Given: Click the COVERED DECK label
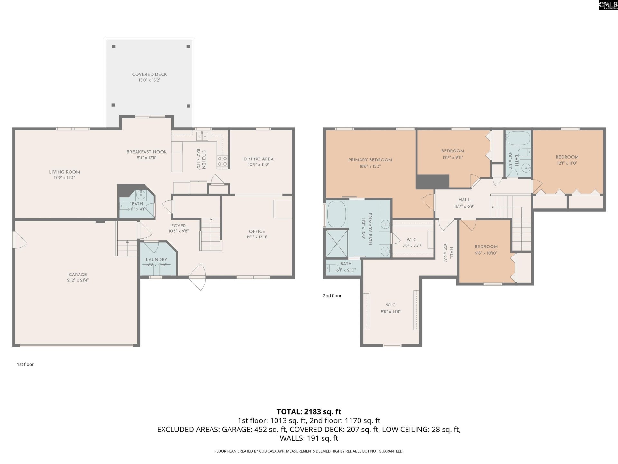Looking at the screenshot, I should coord(149,74).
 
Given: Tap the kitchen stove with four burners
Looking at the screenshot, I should coord(222,161).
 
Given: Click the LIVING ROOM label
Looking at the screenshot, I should coord(64,172).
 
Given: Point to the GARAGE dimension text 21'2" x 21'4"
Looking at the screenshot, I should coord(78,280).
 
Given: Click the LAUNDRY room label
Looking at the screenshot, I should coord(156,260).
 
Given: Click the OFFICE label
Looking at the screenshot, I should coord(257,231).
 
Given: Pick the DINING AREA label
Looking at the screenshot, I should coord(258,159).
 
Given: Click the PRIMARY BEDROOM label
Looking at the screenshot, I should coord(370,160).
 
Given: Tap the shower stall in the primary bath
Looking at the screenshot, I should coord(337,244).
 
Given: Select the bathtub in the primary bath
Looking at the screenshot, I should coord(336,214).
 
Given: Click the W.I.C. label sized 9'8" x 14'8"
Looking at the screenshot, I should coord(391,305).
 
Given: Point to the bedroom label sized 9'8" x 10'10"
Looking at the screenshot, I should coord(486,247).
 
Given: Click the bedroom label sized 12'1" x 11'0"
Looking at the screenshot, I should coord(567,157).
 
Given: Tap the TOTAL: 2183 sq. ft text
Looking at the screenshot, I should coord(309,412).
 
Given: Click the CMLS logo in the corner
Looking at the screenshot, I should coord(608,5).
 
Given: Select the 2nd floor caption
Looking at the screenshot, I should coord(332,296).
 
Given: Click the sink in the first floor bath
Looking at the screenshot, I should coord(141,195).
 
